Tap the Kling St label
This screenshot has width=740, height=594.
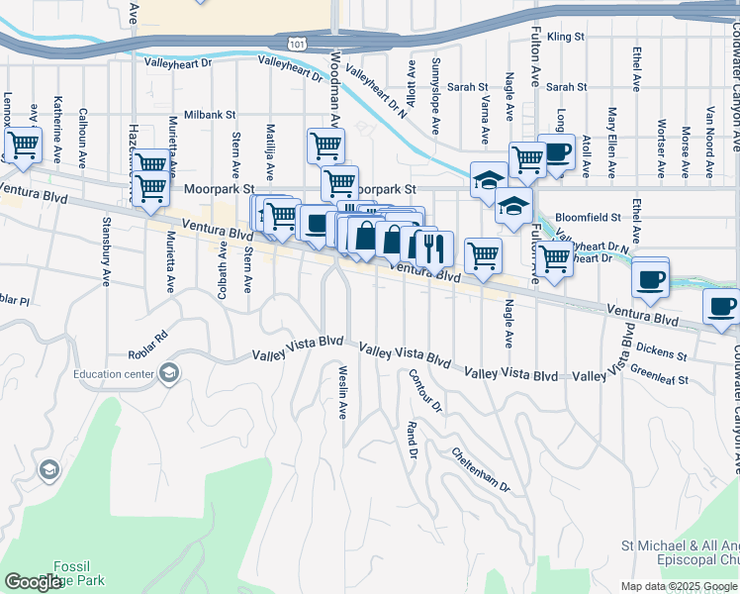[566, 37]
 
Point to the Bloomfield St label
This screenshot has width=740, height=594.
[588, 216]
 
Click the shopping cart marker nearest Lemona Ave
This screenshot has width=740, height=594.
[23, 146]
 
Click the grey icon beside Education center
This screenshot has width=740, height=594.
[169, 372]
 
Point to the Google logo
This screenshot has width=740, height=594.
[33, 581]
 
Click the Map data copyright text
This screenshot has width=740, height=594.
[679, 586]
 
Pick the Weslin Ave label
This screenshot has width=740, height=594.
[342, 392]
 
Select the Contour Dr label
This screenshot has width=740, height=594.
[423, 390]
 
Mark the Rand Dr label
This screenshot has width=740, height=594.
[411, 440]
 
